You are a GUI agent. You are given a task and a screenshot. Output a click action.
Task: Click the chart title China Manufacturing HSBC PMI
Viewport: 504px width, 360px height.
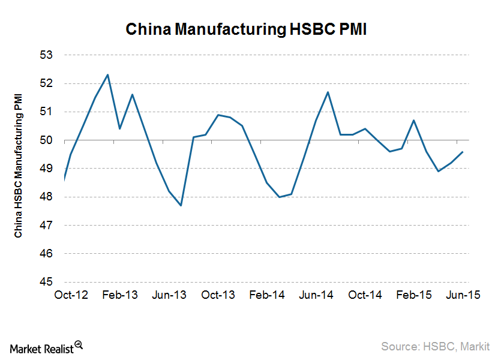245,29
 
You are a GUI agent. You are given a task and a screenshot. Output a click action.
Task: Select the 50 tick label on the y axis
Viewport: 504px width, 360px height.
47,140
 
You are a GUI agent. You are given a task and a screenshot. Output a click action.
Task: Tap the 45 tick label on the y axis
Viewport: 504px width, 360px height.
47,282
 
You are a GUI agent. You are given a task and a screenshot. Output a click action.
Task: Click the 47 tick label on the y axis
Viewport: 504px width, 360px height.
47,226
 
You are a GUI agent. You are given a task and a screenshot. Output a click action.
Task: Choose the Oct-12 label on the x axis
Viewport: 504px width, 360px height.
71,295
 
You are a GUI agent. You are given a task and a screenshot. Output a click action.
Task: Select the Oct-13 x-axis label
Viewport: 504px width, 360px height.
218,295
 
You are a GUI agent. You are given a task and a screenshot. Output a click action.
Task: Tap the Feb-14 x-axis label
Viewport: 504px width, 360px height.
267,295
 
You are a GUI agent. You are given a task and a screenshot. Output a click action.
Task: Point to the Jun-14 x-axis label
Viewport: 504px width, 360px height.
316,295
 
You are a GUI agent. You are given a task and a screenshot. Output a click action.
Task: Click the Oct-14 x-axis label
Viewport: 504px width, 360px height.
365,295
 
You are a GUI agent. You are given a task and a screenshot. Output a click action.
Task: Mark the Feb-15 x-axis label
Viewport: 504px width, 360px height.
414,295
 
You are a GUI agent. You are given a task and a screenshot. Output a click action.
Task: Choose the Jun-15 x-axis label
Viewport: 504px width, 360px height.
463,295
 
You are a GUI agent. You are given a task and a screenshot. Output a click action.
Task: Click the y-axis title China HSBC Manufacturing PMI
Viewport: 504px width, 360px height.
19,166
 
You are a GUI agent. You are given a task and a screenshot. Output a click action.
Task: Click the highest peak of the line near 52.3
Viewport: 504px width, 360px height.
107,75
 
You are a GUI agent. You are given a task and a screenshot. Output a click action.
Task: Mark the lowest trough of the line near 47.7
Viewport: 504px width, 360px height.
181,205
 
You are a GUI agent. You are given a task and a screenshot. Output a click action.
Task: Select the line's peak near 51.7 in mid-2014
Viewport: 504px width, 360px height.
328,92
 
